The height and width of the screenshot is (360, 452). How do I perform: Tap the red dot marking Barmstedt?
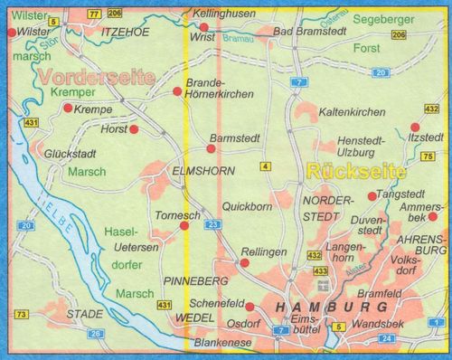pos(205,151)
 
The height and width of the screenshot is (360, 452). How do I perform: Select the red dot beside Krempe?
pos(68,108)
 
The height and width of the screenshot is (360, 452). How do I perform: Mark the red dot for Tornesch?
pos(185,226)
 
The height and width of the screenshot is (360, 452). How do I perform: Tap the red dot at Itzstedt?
pos(415,128)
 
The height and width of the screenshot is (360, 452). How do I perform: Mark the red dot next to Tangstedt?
pos(372,196)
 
